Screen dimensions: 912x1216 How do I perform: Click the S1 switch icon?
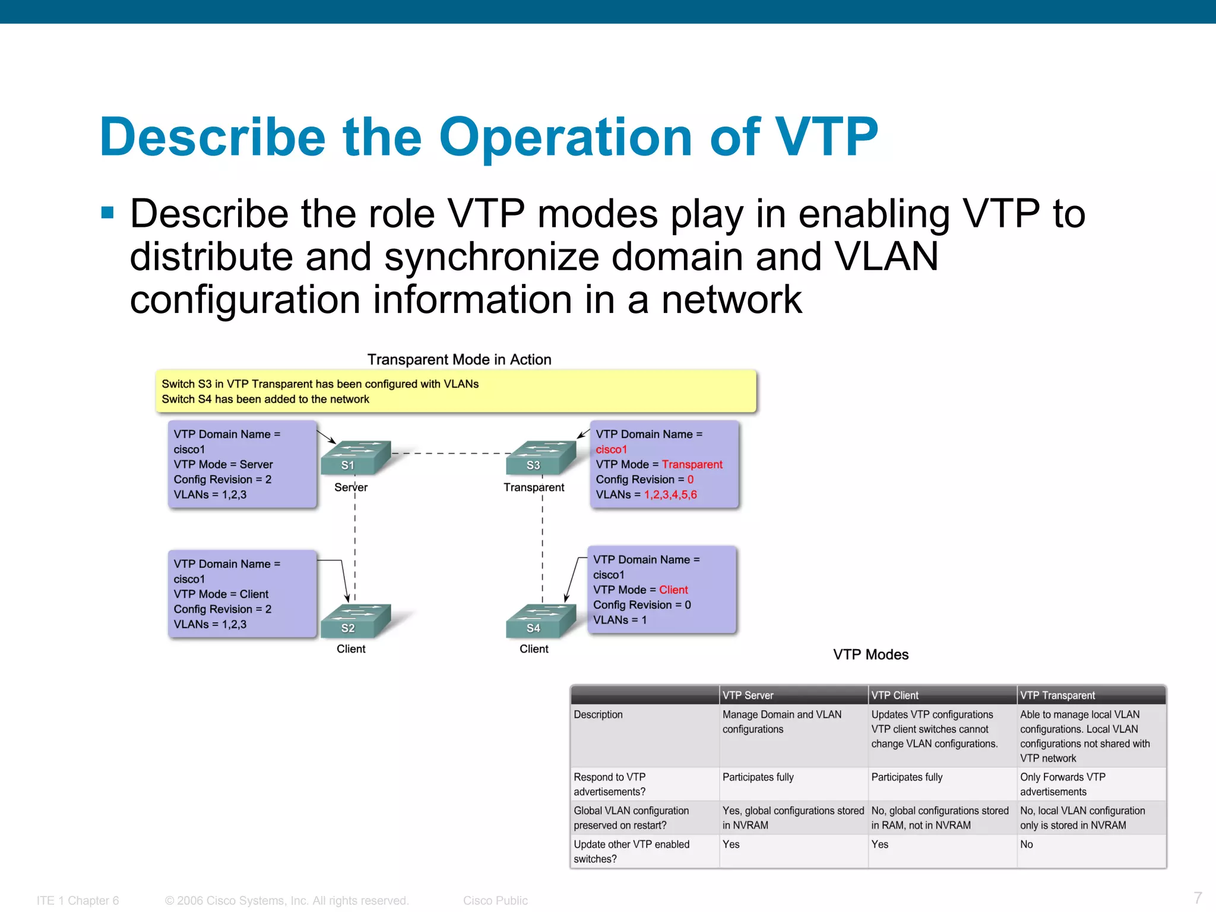click(355, 458)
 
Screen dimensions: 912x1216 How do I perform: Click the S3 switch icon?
click(541, 458)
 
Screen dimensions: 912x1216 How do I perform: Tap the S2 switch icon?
click(355, 620)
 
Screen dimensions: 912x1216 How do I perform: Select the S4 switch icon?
click(541, 620)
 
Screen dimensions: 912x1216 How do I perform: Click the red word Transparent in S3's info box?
click(692, 464)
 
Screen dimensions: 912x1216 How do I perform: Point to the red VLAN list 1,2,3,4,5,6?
click(670, 495)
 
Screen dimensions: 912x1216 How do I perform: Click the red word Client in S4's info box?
click(673, 590)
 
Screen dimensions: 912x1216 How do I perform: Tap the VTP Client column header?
click(895, 695)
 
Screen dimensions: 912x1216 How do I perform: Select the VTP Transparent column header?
click(1057, 695)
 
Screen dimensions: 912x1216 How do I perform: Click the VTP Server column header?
click(748, 695)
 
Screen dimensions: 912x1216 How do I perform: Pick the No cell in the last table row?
click(1027, 844)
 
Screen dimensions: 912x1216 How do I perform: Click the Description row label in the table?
click(598, 715)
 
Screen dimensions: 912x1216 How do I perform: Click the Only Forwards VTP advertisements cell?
click(1062, 784)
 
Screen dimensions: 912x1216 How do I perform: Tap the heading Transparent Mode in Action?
click(459, 359)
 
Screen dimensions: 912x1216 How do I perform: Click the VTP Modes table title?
click(870, 654)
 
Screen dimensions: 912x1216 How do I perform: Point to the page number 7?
click(1198, 897)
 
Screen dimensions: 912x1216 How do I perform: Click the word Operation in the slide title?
click(565, 137)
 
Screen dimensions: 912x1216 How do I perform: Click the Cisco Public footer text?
click(495, 901)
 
